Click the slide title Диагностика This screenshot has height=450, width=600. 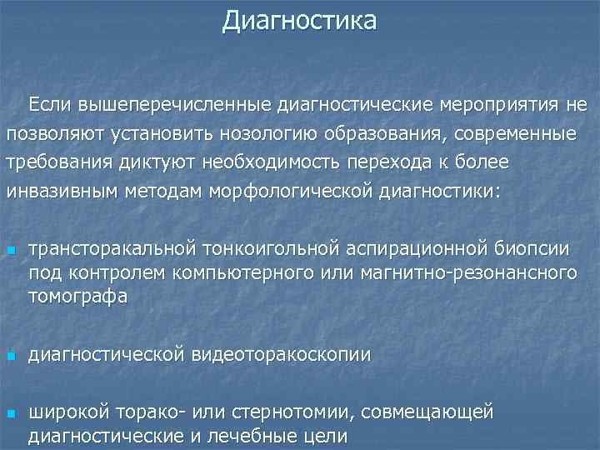point(299,19)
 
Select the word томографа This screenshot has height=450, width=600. point(77,297)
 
